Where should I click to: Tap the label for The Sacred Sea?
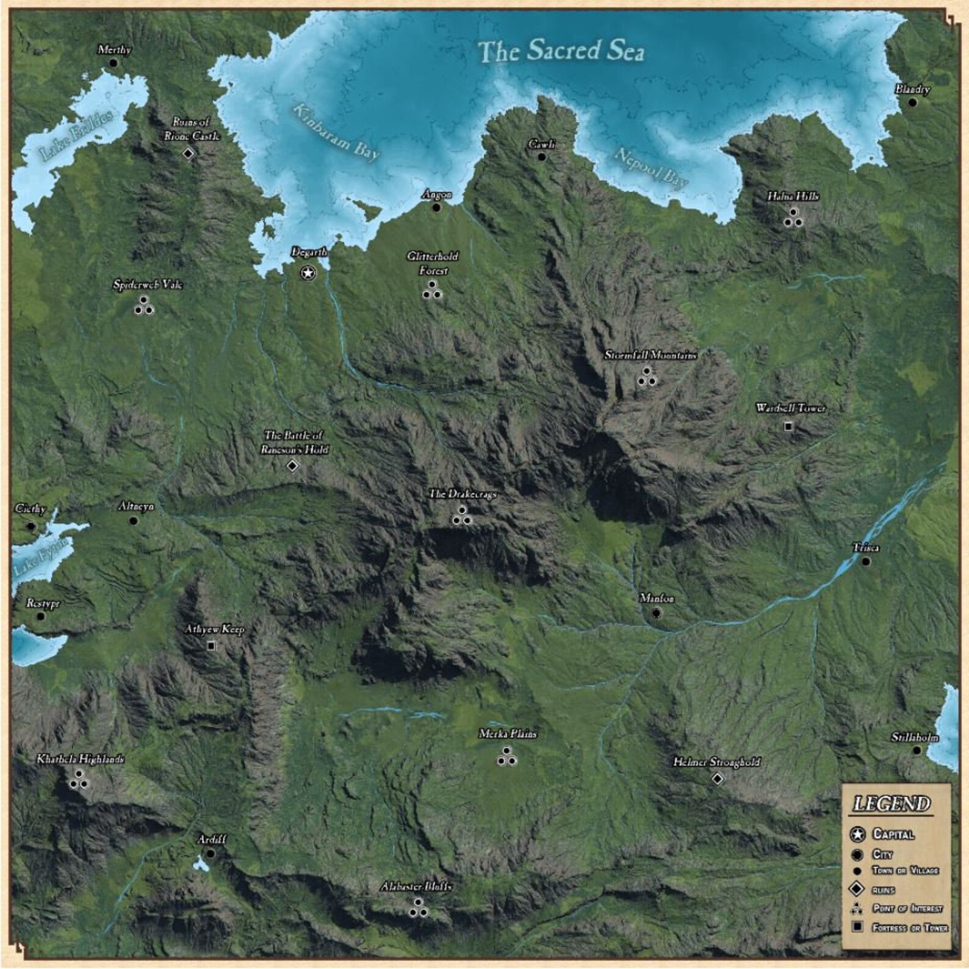[560, 51]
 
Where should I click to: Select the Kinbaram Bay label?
[336, 133]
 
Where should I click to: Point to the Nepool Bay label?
[650, 167]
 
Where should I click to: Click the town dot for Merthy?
[113, 63]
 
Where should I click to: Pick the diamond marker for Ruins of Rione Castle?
[189, 153]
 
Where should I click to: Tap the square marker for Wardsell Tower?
[788, 427]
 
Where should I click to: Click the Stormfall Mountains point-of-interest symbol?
[647, 378]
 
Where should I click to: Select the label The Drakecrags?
[463, 494]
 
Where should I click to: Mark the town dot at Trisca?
[866, 561]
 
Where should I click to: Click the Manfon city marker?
[657, 613]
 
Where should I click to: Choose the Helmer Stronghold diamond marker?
[718, 779]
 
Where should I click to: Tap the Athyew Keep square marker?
[212, 646]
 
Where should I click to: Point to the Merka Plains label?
[508, 734]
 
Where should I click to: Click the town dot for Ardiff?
[211, 853]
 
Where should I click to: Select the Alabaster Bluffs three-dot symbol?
[418, 909]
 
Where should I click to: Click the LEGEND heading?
[892, 804]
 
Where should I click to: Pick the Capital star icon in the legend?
[858, 834]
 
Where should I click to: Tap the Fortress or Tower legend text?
[910, 928]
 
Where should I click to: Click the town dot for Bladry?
[913, 103]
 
